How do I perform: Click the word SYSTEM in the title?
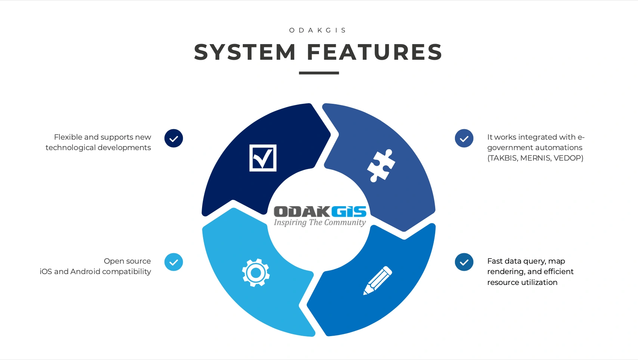pyautogui.click(x=245, y=52)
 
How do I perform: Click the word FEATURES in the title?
pyautogui.click(x=375, y=52)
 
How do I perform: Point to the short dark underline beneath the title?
pyautogui.click(x=319, y=73)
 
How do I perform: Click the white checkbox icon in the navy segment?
pyautogui.click(x=263, y=158)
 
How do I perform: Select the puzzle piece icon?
pyautogui.click(x=381, y=165)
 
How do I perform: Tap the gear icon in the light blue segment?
pyautogui.click(x=256, y=273)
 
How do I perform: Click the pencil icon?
pyautogui.click(x=378, y=280)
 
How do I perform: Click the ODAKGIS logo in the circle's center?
pyautogui.click(x=320, y=211)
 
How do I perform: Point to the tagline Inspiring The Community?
pyautogui.click(x=320, y=223)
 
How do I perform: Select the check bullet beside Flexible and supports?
pyautogui.click(x=174, y=139)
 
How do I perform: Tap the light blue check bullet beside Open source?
pyautogui.click(x=174, y=262)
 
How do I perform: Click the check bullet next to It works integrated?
pyautogui.click(x=464, y=139)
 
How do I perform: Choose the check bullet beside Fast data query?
pyautogui.click(x=464, y=262)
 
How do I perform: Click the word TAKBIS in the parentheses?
pyautogui.click(x=503, y=158)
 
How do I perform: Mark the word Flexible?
pyautogui.click(x=68, y=137)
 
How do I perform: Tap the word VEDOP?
pyautogui.click(x=568, y=158)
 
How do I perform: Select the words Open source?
pyautogui.click(x=127, y=261)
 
